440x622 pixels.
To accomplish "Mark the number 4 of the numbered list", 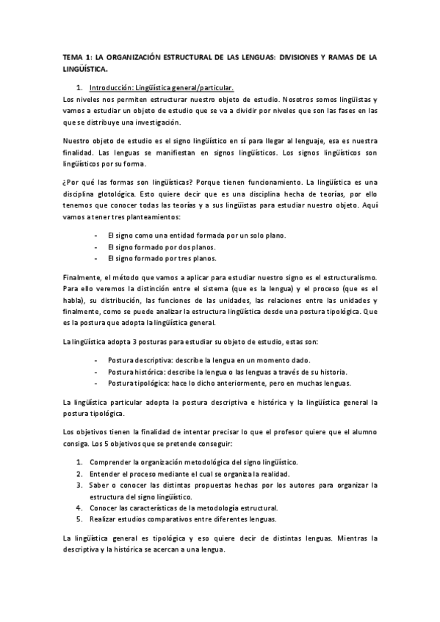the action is tap(79, 508).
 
